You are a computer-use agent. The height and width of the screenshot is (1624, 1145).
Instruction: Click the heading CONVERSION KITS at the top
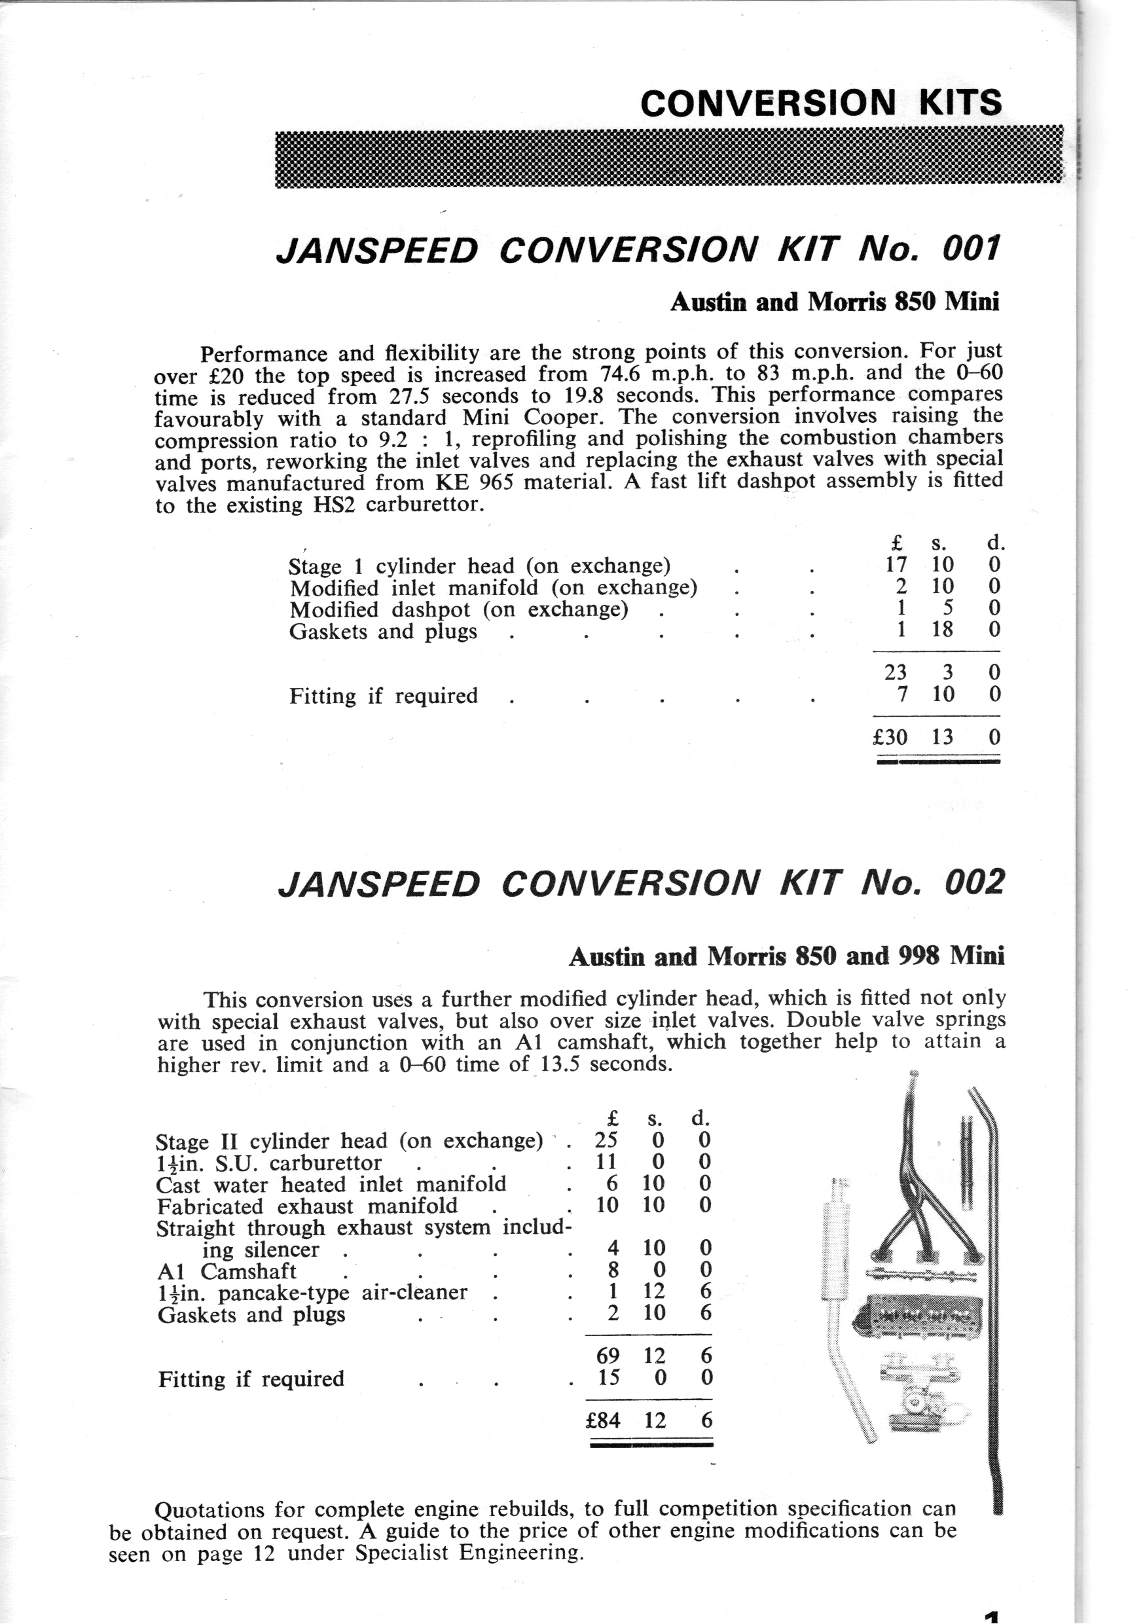pyautogui.click(x=820, y=103)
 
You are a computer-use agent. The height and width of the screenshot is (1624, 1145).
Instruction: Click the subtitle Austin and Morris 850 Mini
pyautogui.click(x=835, y=302)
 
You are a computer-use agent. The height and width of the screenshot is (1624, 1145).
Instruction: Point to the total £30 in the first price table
pyautogui.click(x=890, y=738)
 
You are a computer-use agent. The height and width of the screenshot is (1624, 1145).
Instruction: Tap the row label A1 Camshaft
pyautogui.click(x=227, y=1271)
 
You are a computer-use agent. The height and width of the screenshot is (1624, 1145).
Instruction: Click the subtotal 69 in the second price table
pyautogui.click(x=608, y=1355)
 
